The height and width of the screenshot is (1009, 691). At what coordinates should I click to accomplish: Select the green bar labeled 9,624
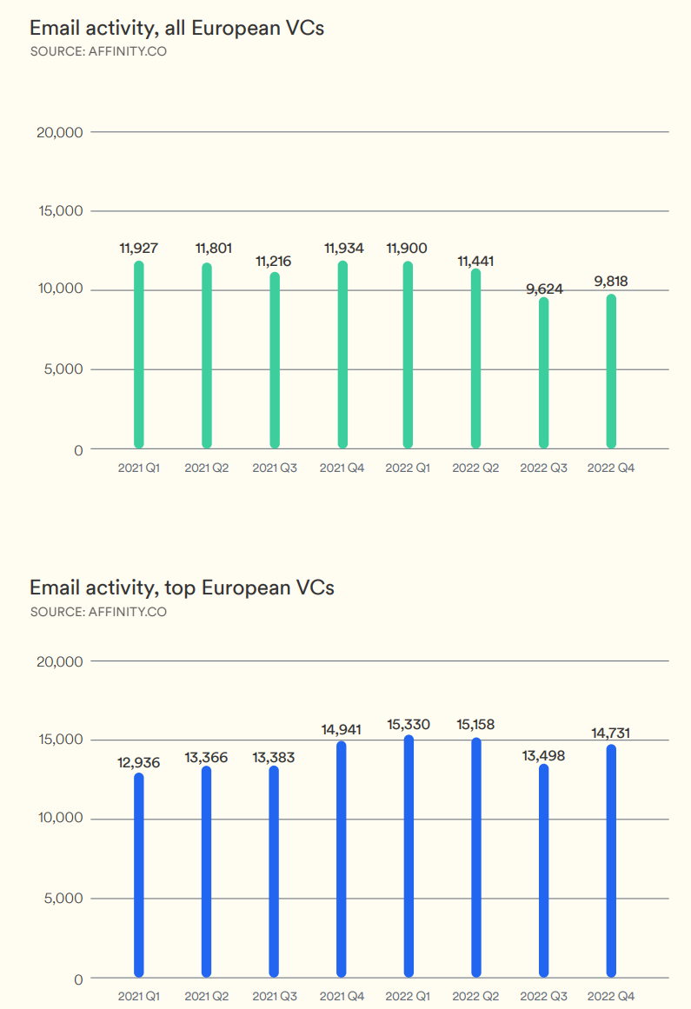544,373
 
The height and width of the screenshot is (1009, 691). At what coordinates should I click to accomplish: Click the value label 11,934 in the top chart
343,249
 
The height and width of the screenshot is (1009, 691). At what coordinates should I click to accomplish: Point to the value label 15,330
409,724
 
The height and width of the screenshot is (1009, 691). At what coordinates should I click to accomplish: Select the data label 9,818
611,282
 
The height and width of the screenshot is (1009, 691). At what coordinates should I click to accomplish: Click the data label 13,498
543,755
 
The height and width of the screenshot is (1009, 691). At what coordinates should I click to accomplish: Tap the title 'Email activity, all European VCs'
176,28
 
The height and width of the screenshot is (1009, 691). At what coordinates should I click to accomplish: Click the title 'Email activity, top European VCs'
182,587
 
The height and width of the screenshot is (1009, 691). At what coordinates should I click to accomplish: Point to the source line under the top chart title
98,51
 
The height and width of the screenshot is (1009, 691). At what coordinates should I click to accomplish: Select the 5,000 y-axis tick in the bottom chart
63,899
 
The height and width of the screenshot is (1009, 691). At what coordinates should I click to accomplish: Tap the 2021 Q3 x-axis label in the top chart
275,468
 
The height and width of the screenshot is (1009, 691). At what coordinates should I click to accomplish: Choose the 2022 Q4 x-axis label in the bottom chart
611,996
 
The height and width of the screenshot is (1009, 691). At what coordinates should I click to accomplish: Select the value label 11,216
274,261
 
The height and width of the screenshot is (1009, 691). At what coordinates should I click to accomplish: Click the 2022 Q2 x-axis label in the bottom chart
475,996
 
